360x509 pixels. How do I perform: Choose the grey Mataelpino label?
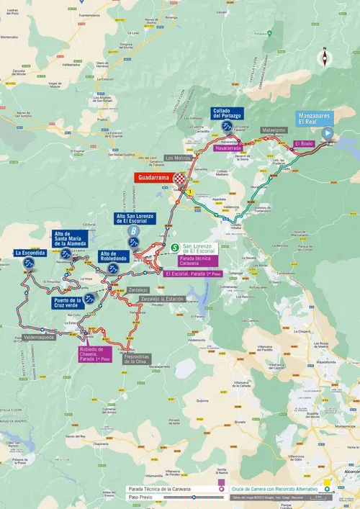tap(274, 130)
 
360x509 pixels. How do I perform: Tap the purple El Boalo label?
tap(303, 144)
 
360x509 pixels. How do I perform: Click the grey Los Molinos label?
tap(178, 158)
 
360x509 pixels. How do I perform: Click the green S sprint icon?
tap(174, 246)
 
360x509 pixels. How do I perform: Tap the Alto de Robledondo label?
tap(114, 256)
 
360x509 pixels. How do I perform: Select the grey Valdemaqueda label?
tap(37, 337)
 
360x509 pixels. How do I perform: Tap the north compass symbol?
tap(325, 57)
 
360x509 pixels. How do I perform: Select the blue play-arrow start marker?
tap(328, 133)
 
